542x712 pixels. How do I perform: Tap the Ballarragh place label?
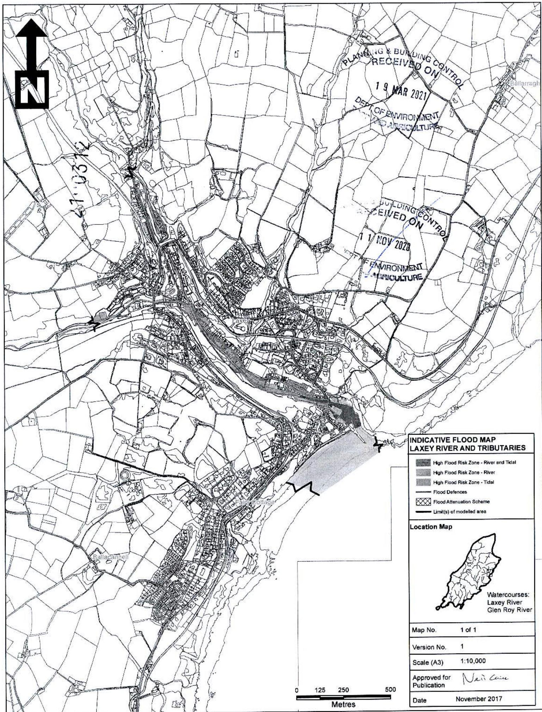(525, 83)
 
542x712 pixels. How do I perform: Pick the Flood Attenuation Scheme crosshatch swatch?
(422, 501)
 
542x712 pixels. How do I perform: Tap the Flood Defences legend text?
(450, 492)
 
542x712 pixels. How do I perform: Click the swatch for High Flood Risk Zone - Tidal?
(422, 482)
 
